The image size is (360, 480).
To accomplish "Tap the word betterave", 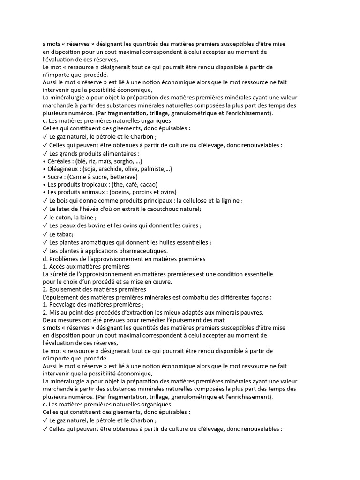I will pyautogui.click(x=123, y=177).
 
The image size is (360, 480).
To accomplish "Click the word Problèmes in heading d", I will pyautogui.click(x=64, y=259).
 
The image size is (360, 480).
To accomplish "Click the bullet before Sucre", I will pyautogui.click(x=44, y=177).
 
